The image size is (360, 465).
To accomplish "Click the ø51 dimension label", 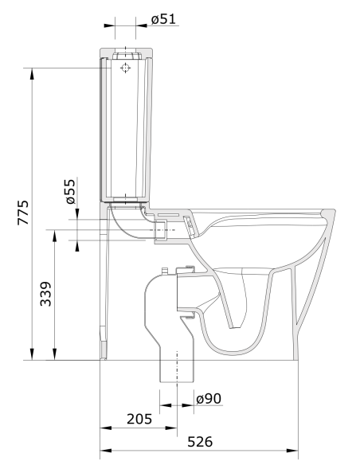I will tap(163, 19).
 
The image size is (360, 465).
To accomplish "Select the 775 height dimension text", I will tap(23, 213).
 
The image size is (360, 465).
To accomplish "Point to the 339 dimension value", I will tap(46, 295).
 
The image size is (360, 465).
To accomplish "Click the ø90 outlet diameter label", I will tap(208, 398).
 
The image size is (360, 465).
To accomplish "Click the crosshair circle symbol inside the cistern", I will tap(124, 69).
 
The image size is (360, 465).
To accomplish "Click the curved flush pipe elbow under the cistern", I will tap(127, 223).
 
